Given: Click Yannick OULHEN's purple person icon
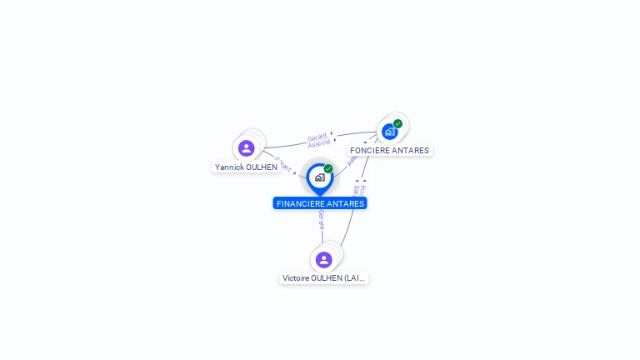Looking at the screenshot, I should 246,148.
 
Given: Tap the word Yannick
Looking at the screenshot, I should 229,167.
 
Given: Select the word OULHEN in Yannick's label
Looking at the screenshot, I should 261,167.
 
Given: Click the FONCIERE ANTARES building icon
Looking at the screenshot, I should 389,132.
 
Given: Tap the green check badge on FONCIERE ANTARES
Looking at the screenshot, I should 398,124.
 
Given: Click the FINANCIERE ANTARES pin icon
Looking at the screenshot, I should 319,177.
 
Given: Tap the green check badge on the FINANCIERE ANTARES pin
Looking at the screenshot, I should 328,169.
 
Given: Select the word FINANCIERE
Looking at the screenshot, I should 300,203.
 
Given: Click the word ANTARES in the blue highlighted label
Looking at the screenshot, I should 346,203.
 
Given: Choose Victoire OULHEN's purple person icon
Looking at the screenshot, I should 324,260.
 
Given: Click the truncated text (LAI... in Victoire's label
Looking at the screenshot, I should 356,278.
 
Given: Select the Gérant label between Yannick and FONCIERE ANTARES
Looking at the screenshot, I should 317,137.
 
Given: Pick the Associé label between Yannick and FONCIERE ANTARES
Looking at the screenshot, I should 319,143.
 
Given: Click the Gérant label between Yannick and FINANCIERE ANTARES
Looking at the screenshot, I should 282,163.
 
